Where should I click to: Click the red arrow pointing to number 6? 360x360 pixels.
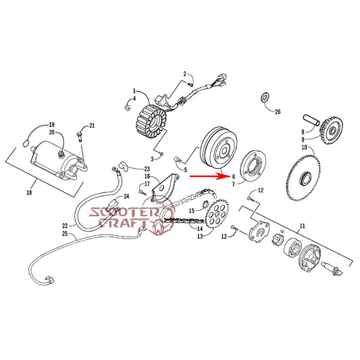tap(208, 176)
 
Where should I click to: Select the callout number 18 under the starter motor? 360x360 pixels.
tap(29, 192)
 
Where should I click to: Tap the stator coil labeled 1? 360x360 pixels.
tap(152, 120)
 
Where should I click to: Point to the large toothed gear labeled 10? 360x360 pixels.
tap(303, 178)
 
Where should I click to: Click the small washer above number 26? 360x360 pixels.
tap(265, 97)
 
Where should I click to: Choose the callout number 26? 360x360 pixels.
tap(278, 112)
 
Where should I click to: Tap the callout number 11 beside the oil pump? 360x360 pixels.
tap(303, 226)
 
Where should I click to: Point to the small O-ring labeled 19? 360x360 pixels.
tap(25, 144)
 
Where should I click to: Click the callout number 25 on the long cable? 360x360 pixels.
tap(65, 234)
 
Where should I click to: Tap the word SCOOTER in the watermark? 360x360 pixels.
tap(124, 212)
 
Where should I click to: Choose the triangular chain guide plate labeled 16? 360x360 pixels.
tap(165, 188)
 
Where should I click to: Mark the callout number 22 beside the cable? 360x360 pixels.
tap(65, 226)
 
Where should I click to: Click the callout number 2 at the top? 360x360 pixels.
tap(185, 74)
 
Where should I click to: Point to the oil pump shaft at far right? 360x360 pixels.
tap(332, 268)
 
